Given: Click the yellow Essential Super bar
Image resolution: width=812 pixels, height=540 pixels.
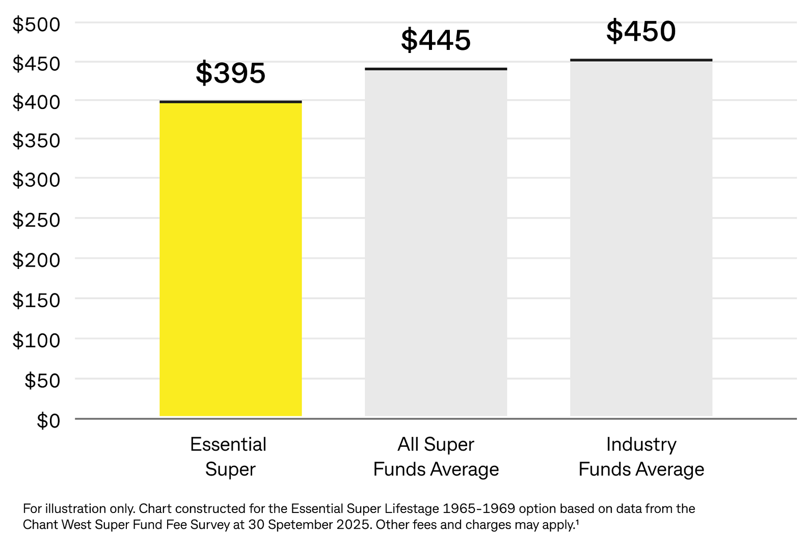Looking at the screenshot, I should click(x=230, y=260).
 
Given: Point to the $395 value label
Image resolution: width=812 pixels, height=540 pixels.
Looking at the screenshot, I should click(x=231, y=73).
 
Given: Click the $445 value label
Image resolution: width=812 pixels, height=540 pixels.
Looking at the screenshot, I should click(x=436, y=40).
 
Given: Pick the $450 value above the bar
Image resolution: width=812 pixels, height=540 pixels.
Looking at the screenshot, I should click(x=641, y=31).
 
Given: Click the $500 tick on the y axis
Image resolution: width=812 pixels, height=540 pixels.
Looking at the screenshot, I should click(x=36, y=24).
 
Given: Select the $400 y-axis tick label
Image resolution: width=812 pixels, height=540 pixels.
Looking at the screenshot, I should click(x=36, y=102).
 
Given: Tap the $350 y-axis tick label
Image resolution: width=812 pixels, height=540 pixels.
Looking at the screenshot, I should click(x=36, y=141).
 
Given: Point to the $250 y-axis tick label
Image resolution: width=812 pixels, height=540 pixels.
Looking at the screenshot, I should click(x=36, y=220).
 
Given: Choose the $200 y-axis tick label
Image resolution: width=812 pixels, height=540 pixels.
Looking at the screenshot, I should click(x=36, y=260).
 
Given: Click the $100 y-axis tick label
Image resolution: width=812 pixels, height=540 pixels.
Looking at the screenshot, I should click(x=36, y=340).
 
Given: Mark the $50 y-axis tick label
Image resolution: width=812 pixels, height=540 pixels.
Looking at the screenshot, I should click(x=42, y=381).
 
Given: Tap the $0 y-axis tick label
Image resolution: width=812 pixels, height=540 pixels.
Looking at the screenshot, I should click(x=48, y=421).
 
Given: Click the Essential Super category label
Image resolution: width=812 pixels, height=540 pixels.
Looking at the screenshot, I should click(x=229, y=456).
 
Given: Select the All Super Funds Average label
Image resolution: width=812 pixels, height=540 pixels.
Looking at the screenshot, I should click(x=436, y=456).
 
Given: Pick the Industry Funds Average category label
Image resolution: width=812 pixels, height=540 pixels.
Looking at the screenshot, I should click(x=641, y=456).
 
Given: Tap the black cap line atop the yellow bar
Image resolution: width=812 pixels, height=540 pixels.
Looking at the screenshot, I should click(x=230, y=102).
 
